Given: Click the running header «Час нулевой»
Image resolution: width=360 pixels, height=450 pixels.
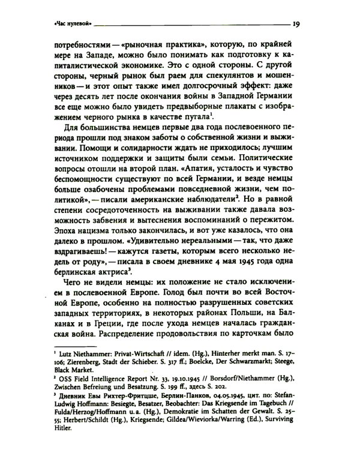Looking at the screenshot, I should [71, 25].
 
